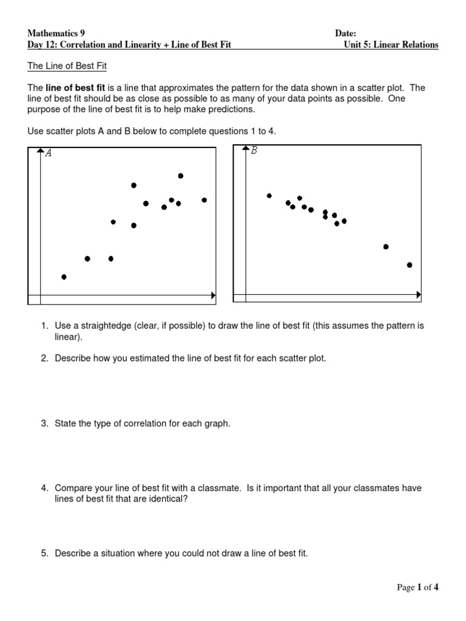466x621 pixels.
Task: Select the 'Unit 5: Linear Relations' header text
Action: point(391,45)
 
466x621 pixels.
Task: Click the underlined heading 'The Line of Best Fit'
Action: point(67,65)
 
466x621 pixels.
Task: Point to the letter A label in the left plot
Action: point(49,153)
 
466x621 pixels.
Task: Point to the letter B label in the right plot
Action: point(254,151)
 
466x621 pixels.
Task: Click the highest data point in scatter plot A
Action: point(181,176)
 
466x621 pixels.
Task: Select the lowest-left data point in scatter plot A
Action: point(64,277)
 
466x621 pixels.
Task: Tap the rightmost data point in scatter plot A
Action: point(204,200)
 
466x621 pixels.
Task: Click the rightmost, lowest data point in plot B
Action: point(410,264)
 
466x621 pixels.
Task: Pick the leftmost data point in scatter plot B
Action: point(269,195)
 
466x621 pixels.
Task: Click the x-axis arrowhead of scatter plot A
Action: point(213,295)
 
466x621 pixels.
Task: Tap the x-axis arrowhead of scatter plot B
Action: point(418,294)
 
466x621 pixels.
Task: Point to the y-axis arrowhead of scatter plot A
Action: point(40,149)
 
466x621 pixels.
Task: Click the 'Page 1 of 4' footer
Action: point(417,587)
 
